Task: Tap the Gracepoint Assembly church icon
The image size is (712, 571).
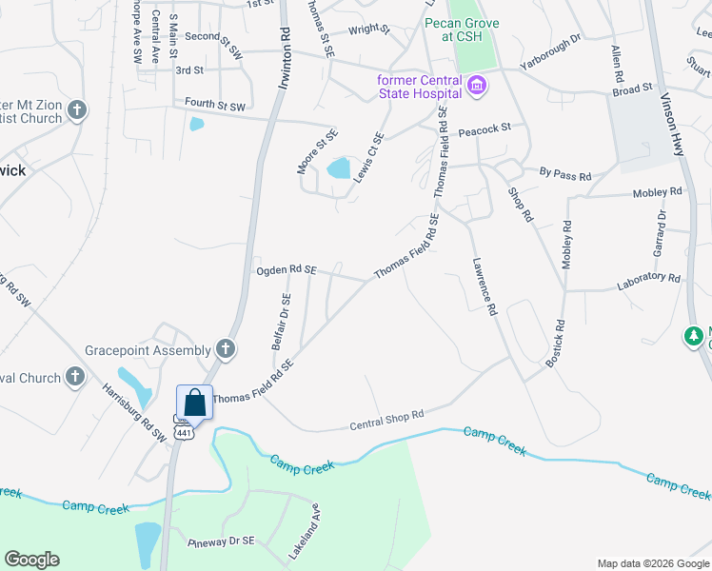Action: click(225, 348)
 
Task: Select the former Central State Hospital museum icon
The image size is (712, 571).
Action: click(477, 87)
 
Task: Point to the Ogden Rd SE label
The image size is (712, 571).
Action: click(286, 270)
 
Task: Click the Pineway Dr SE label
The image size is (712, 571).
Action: click(221, 541)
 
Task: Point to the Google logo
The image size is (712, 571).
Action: click(31, 560)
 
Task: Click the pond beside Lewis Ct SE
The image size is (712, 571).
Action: click(338, 169)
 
